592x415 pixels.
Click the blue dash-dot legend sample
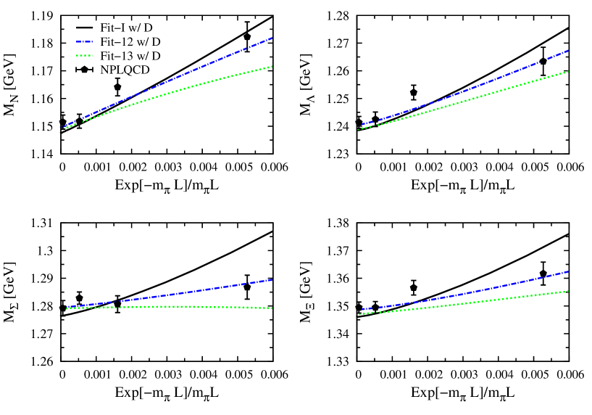point(84,42)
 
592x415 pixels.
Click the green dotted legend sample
point(84,55)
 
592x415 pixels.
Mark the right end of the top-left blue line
point(272,38)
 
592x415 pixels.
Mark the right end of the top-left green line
point(272,66)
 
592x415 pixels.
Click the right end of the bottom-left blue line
point(272,279)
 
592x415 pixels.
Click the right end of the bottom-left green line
point(272,308)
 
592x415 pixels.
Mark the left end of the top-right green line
point(359,129)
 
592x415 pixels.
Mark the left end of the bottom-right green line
point(359,313)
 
